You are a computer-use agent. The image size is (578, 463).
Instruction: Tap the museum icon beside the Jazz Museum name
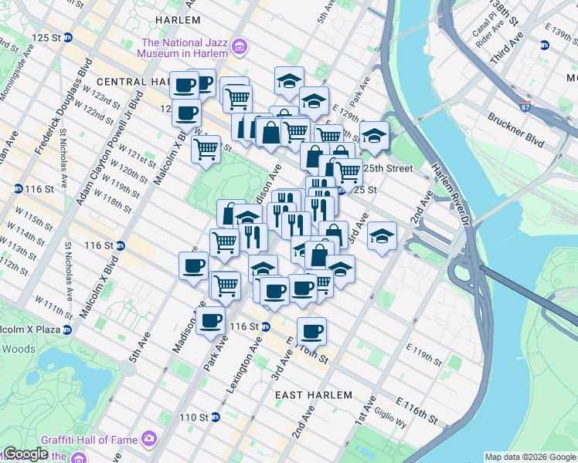tap(240, 48)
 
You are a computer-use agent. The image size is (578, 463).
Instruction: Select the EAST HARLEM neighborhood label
tap(314, 394)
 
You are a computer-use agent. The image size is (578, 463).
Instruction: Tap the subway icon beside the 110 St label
tap(216, 417)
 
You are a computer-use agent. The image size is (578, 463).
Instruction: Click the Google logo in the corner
tap(25, 454)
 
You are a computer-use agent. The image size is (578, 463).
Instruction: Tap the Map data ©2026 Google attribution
tap(530, 457)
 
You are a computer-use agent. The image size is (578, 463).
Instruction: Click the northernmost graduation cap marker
tap(289, 80)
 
